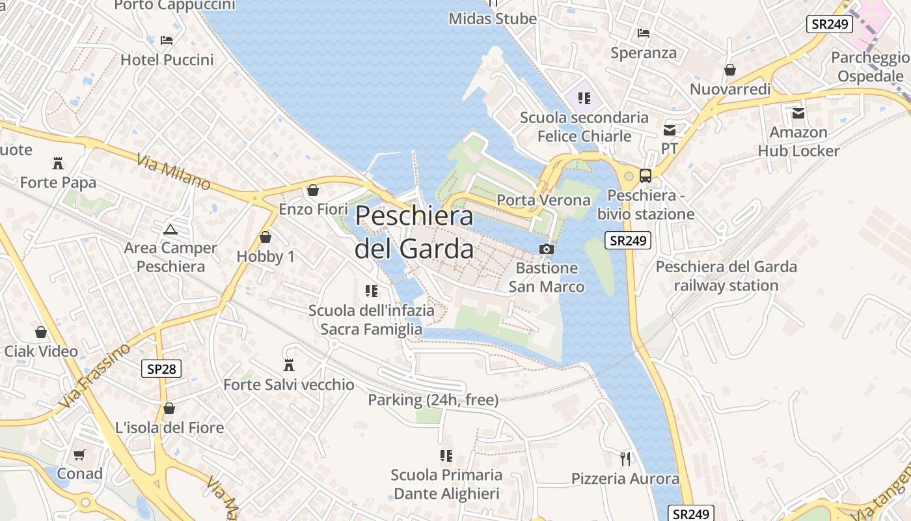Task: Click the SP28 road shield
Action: [161, 369]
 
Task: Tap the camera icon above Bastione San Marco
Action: [547, 249]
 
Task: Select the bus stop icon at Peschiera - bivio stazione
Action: [645, 175]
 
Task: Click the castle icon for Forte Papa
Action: [58, 163]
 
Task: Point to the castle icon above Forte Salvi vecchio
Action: [289, 365]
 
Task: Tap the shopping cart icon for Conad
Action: [79, 455]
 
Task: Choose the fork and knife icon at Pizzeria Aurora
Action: [625, 459]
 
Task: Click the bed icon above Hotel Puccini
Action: [167, 40]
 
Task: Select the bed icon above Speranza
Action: [644, 33]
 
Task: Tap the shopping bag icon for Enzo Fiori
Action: [313, 190]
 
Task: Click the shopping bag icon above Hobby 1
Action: [265, 237]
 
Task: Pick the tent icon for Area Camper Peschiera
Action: [170, 229]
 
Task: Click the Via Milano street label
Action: [174, 171]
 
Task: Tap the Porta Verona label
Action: [543, 200]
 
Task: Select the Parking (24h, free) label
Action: [433, 400]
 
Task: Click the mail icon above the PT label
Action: [670, 130]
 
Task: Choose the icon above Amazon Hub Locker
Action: [798, 113]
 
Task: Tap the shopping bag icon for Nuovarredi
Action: [730, 70]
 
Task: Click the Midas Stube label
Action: [493, 19]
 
